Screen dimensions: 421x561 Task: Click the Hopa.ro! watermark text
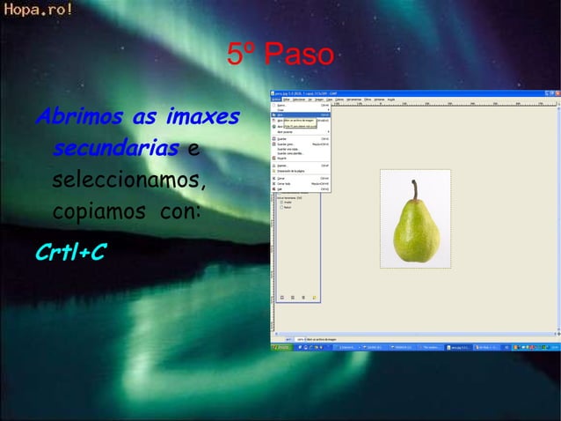pyautogui.click(x=37, y=11)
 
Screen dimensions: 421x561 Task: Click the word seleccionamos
pyautogui.click(x=129, y=181)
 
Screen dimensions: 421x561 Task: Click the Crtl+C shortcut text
pyautogui.click(x=71, y=253)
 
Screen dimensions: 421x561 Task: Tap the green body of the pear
pyautogui.click(x=414, y=233)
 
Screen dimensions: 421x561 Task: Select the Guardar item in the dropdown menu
pyautogui.click(x=284, y=137)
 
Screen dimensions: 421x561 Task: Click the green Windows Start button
pyautogui.click(x=281, y=347)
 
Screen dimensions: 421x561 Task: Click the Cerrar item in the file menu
pyautogui.click(x=283, y=178)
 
